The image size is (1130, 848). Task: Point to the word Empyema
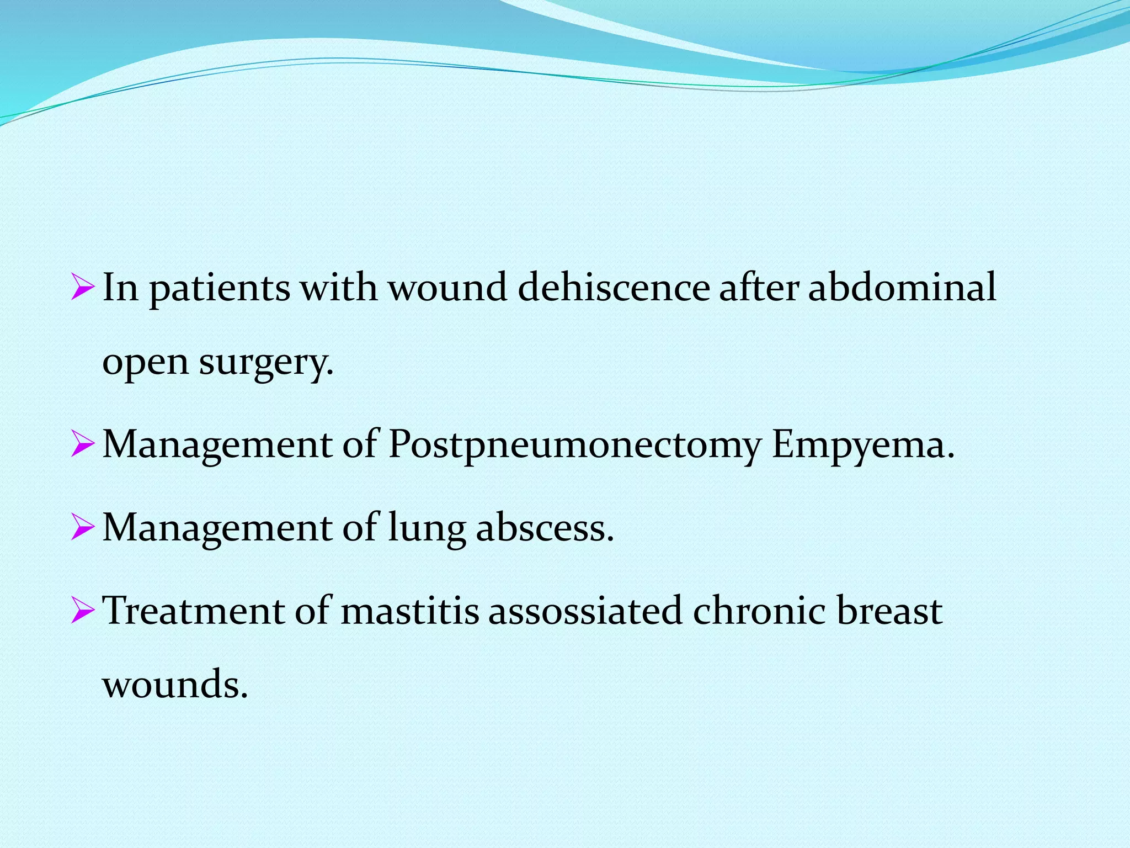click(x=862, y=445)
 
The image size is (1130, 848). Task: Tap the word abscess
click(x=545, y=527)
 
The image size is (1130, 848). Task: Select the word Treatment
click(x=193, y=611)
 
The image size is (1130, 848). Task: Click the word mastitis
click(x=409, y=611)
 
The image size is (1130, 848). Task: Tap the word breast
click(x=889, y=611)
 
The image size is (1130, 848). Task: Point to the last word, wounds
click(x=175, y=685)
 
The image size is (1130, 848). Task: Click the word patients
click(x=220, y=289)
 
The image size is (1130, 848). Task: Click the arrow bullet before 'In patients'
click(x=82, y=289)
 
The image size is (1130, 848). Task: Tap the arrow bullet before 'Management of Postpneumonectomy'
click(x=82, y=446)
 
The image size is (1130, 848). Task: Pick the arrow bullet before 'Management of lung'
click(x=82, y=528)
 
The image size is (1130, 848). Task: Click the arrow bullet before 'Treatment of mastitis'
click(x=82, y=611)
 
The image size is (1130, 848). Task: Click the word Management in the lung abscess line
click(x=217, y=528)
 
